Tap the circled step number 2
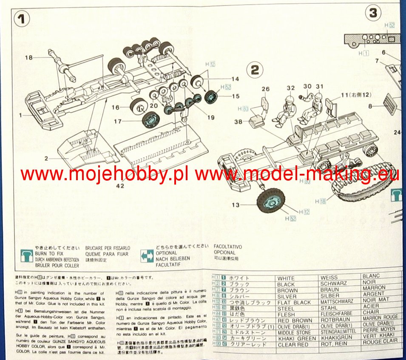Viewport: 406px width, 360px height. click(x=255, y=70)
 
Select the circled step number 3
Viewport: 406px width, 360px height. click(x=373, y=12)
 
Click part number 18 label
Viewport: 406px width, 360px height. click(x=29, y=57)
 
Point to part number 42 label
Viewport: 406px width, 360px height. click(x=121, y=185)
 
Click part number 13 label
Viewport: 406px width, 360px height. click(x=236, y=205)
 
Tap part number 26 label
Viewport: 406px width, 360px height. click(x=266, y=89)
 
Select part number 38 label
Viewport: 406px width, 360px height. click(x=238, y=122)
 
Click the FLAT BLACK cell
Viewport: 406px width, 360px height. click(x=293, y=302)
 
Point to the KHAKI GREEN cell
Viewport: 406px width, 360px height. click(x=296, y=338)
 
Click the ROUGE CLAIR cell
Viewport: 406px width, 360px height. click(x=380, y=341)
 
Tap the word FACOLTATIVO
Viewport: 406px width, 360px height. click(x=227, y=247)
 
